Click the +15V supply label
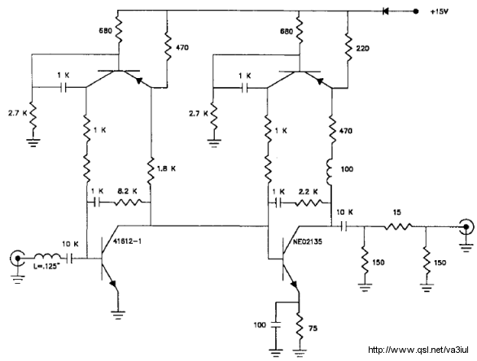click(x=440, y=12)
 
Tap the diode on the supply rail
click(x=386, y=11)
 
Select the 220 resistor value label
click(x=362, y=48)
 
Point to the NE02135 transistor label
click(x=308, y=241)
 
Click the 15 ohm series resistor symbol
click(x=398, y=226)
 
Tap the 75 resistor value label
click(x=313, y=328)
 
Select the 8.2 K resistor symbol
click(x=128, y=202)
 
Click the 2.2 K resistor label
click(x=309, y=192)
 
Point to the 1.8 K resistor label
click(x=166, y=168)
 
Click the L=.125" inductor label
click(x=46, y=267)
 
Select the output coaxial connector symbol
click(x=466, y=226)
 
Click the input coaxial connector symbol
click(x=17, y=259)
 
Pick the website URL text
click(x=418, y=350)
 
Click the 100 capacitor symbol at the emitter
click(x=276, y=325)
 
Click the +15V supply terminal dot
click(x=416, y=11)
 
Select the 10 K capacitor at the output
click(x=344, y=226)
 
